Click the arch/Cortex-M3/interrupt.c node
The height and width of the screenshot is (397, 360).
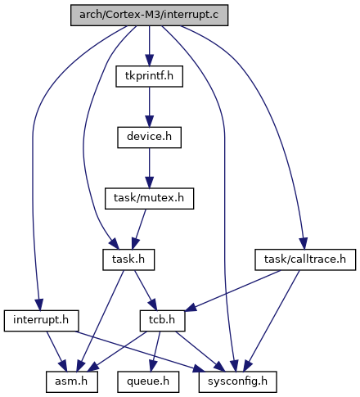pos(149,16)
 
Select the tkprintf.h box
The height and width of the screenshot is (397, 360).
pos(149,76)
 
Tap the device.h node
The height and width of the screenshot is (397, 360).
pos(149,138)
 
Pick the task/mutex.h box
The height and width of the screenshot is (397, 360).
pos(149,199)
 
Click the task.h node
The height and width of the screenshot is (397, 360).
pos(128,259)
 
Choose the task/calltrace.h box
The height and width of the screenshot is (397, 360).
pos(305,259)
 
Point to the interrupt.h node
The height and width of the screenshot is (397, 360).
pos(41,321)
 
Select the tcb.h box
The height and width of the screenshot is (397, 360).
pos(162,321)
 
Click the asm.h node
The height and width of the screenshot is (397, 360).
pos(72,381)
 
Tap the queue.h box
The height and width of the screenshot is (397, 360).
pos(148,381)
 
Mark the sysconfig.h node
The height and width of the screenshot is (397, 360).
pos(238,381)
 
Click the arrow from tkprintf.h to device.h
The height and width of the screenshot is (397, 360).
pos(149,107)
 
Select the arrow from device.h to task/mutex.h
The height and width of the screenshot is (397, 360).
pos(149,168)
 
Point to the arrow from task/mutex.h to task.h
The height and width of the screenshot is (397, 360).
pos(139,229)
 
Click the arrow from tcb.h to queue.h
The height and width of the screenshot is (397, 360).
pos(155,351)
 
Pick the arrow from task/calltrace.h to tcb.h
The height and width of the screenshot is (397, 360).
pos(232,291)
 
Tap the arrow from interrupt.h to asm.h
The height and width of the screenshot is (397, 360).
pos(56,351)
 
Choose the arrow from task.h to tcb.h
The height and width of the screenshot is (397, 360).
pos(146,291)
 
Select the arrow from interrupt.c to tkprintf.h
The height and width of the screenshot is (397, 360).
pos(149,46)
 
